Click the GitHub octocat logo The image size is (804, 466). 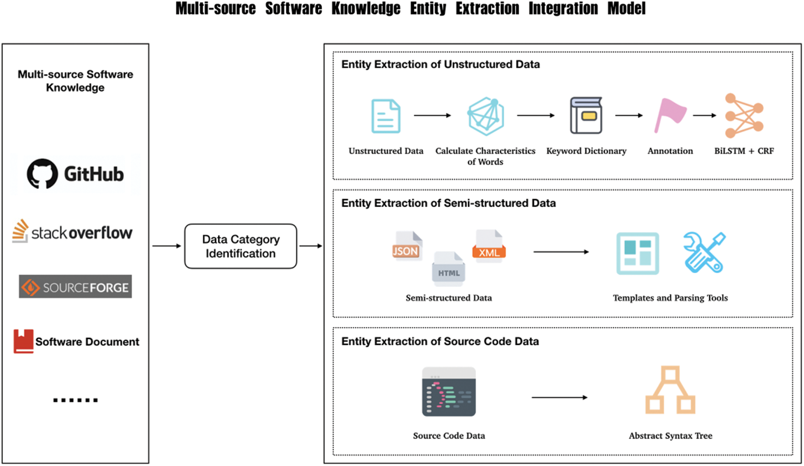coord(42,174)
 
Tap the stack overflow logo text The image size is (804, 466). coord(81,233)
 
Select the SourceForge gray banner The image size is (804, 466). coord(75,287)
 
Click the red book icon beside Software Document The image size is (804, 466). coord(23,341)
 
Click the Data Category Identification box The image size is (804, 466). coord(241,246)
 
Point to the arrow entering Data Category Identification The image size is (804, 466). coord(167,246)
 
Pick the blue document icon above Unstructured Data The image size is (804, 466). coord(386,116)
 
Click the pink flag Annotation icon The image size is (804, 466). coord(669,116)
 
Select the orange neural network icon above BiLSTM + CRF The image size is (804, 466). coord(743,116)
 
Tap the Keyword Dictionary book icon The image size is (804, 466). coord(586,116)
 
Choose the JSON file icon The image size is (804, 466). coord(407,246)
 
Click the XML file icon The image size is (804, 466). coord(489,246)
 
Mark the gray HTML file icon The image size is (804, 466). coord(448,267)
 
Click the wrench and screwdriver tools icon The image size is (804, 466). coord(704,252)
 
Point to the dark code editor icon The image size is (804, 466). coord(449,392)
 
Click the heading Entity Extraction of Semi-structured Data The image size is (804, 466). coord(448,203)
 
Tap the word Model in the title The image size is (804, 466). coord(626,8)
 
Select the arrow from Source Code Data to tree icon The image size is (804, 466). coord(559,397)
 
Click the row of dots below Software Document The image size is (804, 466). coord(75,400)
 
